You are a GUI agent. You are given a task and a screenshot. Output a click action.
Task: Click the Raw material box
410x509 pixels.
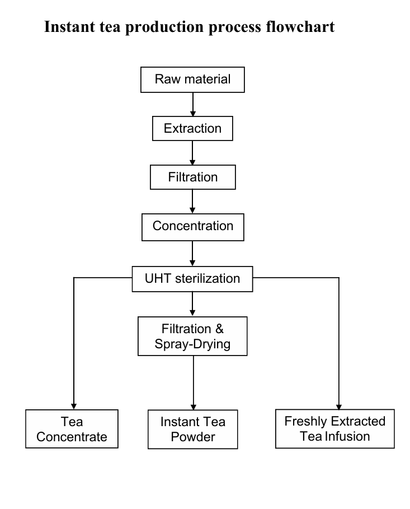(x=192, y=80)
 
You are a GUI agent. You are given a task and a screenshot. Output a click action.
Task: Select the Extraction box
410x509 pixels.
(x=192, y=129)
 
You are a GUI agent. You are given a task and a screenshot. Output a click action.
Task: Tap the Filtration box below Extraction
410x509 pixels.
(x=192, y=178)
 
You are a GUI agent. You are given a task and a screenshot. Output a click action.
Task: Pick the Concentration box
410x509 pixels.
(x=192, y=227)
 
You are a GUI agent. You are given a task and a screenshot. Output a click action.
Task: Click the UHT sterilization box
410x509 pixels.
(x=192, y=278)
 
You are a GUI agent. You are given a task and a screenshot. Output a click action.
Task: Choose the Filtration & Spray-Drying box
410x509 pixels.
(x=192, y=336)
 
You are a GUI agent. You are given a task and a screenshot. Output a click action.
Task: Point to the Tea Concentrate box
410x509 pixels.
(x=72, y=429)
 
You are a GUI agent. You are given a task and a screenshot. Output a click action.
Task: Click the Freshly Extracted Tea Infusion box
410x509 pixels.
(x=334, y=429)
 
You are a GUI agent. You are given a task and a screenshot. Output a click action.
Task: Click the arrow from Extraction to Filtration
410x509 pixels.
(x=192, y=153)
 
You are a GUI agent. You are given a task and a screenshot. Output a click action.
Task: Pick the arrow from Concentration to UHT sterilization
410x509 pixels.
(x=192, y=253)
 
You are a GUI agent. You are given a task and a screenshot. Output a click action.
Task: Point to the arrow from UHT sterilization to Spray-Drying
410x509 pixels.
(x=192, y=304)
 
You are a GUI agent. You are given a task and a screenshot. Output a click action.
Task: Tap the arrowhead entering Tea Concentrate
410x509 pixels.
(x=73, y=406)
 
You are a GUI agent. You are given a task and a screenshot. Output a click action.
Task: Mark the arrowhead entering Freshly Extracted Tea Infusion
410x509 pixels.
(x=339, y=406)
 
